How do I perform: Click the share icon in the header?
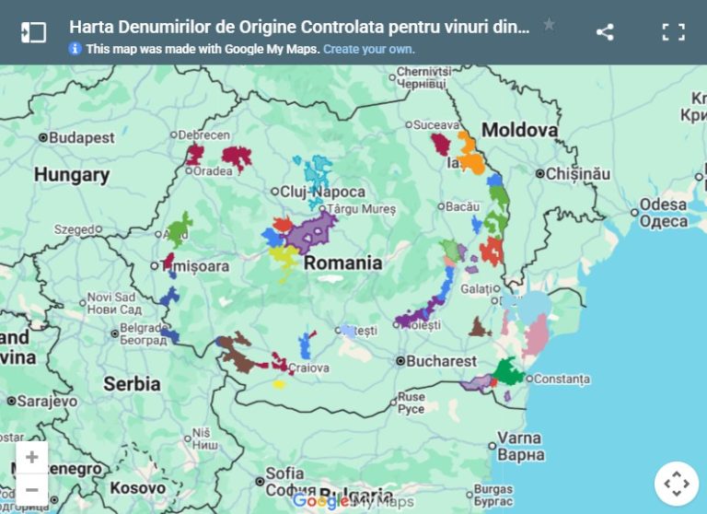[x=605, y=32]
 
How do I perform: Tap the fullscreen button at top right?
[x=674, y=32]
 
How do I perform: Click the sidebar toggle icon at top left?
[x=33, y=32]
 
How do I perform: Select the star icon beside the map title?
[x=549, y=25]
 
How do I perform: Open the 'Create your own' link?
[x=368, y=49]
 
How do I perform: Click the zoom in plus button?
[x=32, y=458]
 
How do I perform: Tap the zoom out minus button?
[x=32, y=489]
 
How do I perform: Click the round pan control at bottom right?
[x=677, y=484]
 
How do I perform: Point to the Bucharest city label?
[x=442, y=361]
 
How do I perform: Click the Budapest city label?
[x=82, y=137]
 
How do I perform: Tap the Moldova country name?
[x=520, y=130]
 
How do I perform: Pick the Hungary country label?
[x=71, y=174]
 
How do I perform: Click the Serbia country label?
[x=132, y=383]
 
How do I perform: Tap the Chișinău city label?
[x=577, y=173]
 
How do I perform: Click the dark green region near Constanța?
[x=507, y=372]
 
